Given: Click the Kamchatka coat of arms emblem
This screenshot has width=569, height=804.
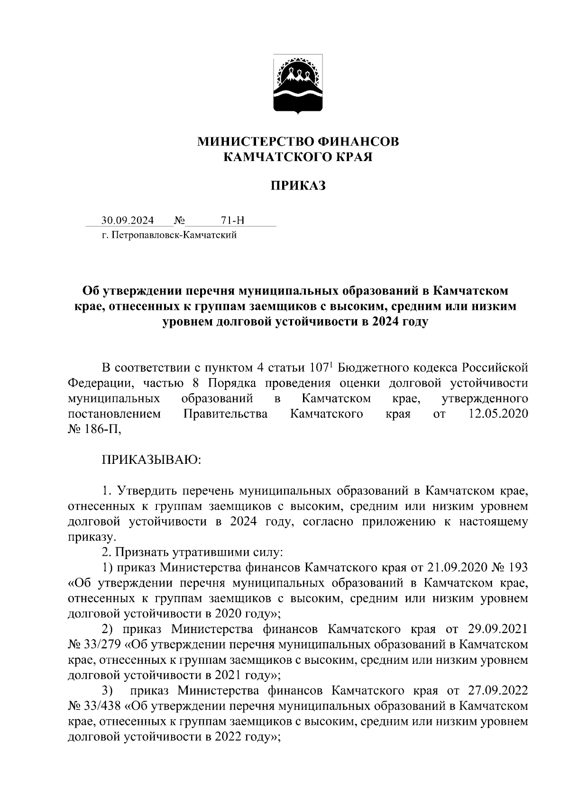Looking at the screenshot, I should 298,84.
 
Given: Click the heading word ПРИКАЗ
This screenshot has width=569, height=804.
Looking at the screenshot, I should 298,186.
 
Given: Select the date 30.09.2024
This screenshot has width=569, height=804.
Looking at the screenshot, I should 127,221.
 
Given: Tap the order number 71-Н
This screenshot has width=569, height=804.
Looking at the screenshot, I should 232,221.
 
